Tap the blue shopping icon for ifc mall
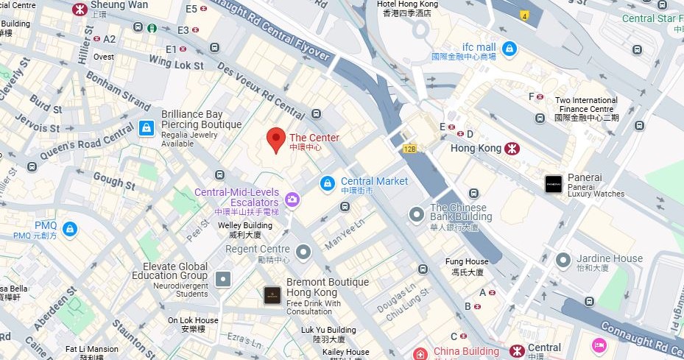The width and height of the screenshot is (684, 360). [509, 49]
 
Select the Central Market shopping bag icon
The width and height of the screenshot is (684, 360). [328, 182]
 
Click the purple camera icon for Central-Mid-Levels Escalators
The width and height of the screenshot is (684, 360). [292, 199]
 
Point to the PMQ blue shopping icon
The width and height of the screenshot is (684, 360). [69, 229]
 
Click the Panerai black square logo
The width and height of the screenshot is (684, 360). [554, 184]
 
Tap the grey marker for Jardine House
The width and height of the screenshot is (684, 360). [563, 260]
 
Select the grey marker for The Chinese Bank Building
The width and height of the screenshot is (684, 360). [417, 214]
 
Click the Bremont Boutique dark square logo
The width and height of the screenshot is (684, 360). [272, 295]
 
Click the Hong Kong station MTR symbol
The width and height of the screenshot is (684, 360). [512, 148]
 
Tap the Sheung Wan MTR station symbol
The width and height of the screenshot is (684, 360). [78, 9]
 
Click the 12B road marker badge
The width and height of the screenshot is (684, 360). [410, 149]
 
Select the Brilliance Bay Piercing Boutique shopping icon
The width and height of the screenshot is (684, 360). [147, 129]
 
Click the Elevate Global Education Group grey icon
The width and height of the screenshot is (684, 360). [222, 278]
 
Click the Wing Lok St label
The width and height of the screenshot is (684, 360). [176, 65]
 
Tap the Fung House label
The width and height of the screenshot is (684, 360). [467, 261]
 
